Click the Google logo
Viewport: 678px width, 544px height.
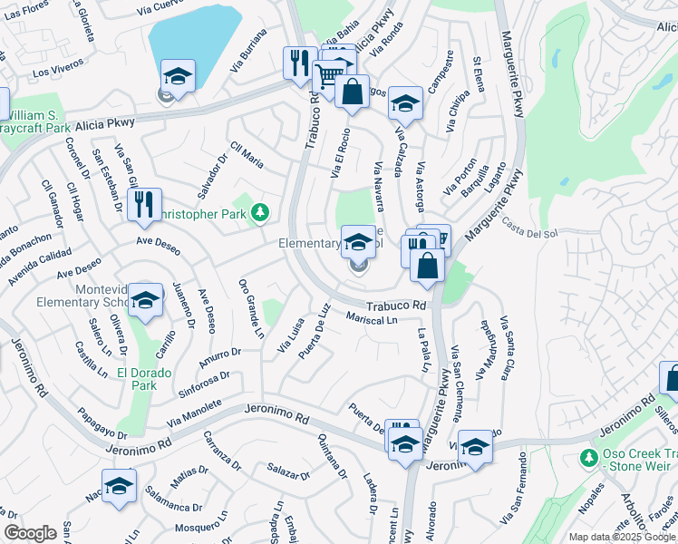[x=31, y=533]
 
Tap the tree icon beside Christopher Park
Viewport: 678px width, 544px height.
[x=261, y=212]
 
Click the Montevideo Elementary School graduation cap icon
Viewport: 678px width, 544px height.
[x=145, y=301]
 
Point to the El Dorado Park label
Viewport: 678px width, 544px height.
[x=137, y=377]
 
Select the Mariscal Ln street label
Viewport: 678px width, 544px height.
[x=373, y=319]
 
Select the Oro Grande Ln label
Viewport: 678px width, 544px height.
[x=249, y=307]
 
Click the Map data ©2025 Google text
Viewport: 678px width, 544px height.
[x=621, y=537]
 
